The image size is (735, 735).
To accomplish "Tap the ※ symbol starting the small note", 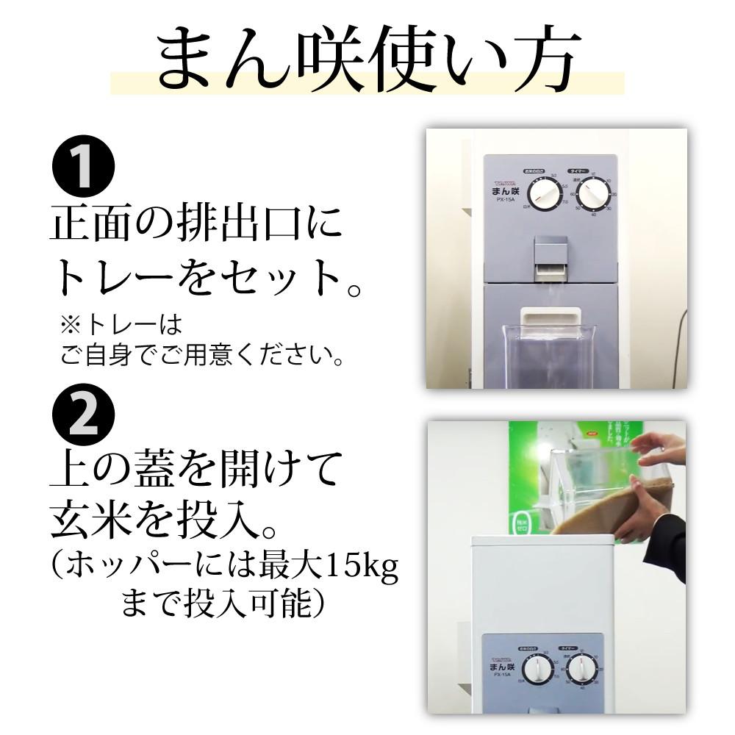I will point(69,325).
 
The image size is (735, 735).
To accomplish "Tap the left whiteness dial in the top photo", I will point(545,195).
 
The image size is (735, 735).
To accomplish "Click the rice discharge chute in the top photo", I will point(551,257).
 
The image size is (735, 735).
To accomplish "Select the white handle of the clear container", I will point(551,317).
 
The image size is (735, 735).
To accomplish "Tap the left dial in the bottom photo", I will point(538,670).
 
